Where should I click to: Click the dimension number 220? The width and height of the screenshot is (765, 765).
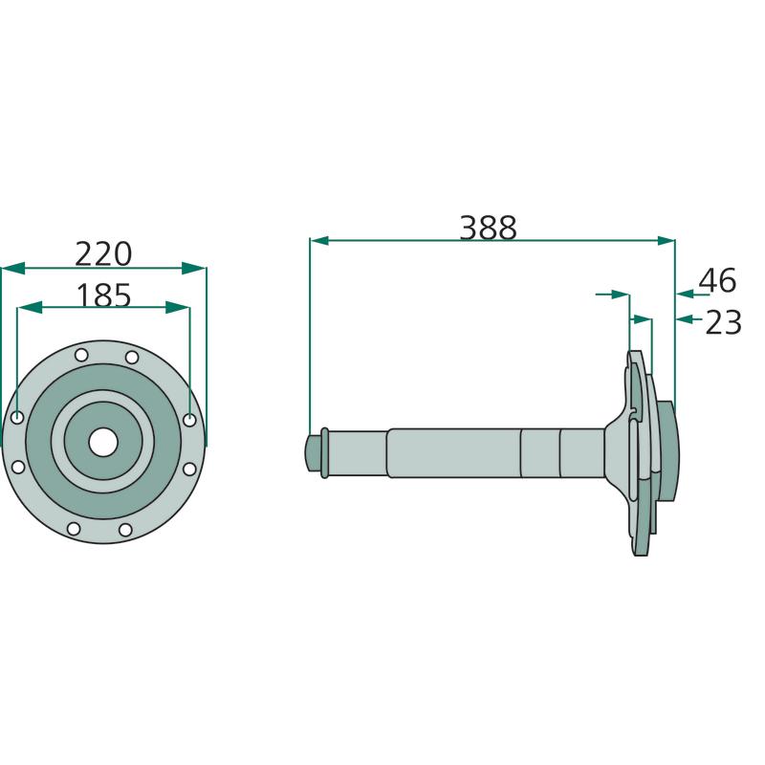(103, 254)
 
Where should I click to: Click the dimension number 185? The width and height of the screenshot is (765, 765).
(104, 295)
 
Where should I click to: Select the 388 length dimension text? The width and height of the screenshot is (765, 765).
(488, 228)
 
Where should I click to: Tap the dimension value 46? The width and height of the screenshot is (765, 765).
(717, 280)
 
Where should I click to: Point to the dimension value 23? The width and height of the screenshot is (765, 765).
(724, 322)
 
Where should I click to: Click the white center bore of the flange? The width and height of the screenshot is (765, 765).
(103, 443)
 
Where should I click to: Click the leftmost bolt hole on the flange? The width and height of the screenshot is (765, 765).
(17, 418)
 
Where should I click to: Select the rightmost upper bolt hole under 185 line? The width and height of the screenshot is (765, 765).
(189, 420)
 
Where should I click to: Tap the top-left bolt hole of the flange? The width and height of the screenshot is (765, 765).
(81, 355)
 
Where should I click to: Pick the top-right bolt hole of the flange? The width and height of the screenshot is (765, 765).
(132, 357)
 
